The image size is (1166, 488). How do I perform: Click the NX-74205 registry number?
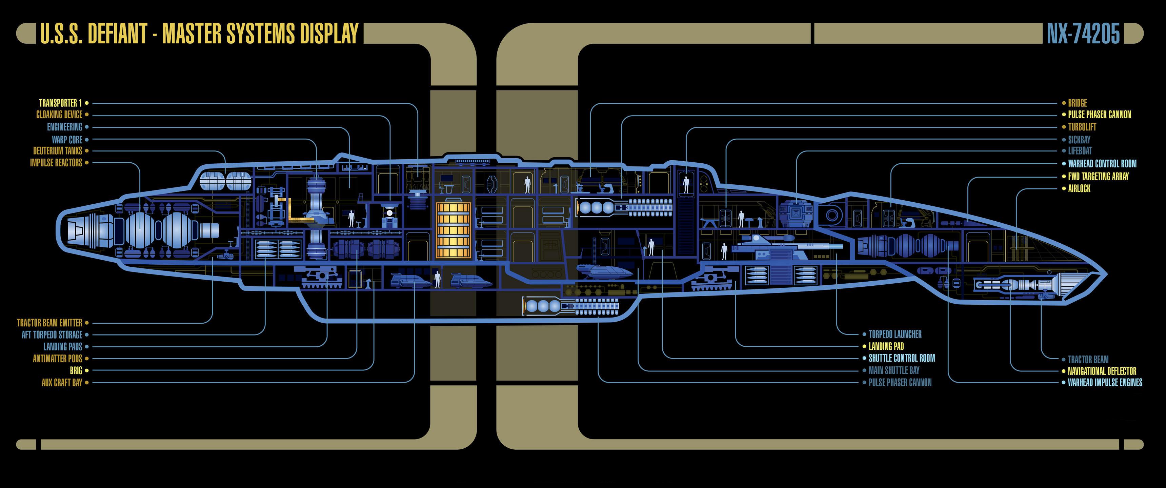(x=1083, y=34)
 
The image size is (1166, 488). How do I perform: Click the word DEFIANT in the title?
(x=117, y=34)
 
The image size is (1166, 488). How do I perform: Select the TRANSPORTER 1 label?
(x=60, y=103)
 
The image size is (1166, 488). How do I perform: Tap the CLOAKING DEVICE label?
(x=59, y=115)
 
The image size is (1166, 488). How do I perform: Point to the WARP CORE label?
(x=67, y=140)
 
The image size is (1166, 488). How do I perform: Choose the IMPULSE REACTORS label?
(x=56, y=163)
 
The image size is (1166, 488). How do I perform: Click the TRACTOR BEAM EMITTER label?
(x=50, y=323)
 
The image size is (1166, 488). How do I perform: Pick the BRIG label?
(x=76, y=370)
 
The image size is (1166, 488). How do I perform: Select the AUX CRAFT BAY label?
(x=62, y=383)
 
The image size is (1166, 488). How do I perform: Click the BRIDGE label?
(x=1077, y=103)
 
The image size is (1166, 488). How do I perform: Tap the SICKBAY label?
(x=1079, y=140)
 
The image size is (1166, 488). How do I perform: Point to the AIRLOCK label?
(x=1079, y=188)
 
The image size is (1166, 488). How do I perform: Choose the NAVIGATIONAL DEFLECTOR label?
(x=1102, y=371)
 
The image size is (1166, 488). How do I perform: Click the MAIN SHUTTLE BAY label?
(x=893, y=370)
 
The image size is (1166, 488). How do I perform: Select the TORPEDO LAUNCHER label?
(x=895, y=334)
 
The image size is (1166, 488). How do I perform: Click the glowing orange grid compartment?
(x=453, y=230)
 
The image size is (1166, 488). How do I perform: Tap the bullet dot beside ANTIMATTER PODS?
(x=87, y=359)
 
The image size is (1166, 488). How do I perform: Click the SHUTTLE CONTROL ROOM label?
(x=901, y=358)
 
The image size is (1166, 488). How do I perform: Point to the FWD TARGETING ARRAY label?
(x=1098, y=176)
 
